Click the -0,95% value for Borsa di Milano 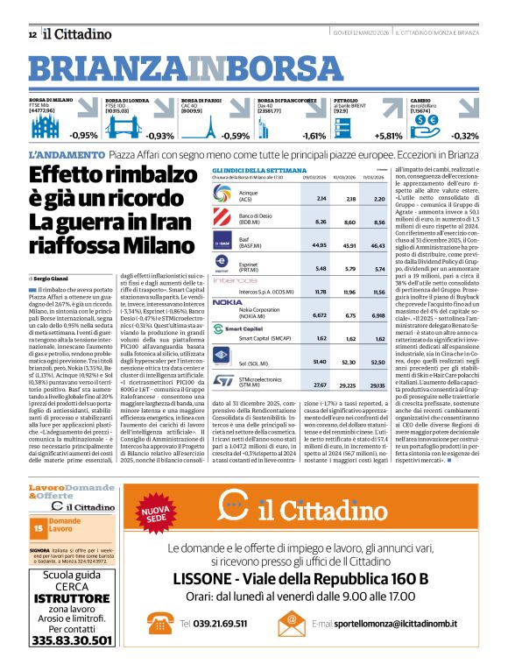click(84, 136)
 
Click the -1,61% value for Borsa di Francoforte click(313, 136)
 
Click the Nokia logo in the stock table click(228, 302)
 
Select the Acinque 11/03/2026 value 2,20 click(378, 199)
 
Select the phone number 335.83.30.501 click(72, 640)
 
